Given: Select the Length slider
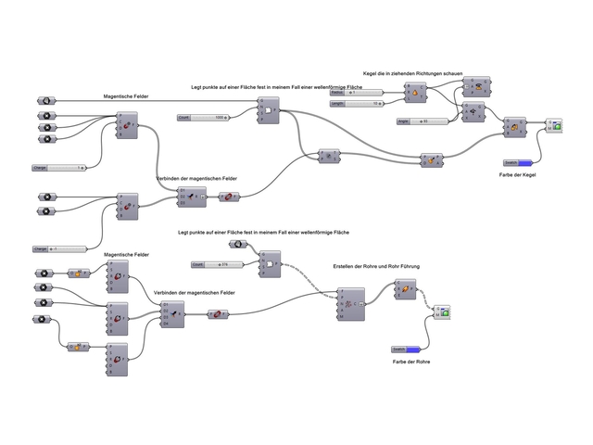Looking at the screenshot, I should (x=357, y=104).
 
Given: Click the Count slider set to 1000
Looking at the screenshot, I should (x=205, y=118).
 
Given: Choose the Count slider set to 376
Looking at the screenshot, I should (x=217, y=265).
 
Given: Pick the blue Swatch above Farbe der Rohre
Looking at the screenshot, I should (x=409, y=349).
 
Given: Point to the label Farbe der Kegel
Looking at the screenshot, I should (x=517, y=175).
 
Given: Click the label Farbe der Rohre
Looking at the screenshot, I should (x=410, y=361).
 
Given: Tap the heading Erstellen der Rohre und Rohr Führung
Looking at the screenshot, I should (x=376, y=266).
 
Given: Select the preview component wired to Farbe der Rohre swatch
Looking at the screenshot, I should (x=444, y=311).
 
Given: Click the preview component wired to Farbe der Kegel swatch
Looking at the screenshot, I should (x=554, y=125).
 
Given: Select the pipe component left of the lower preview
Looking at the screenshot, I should (x=404, y=290).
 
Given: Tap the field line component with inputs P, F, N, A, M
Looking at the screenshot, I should (x=347, y=303).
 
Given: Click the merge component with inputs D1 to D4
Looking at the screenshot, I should (x=171, y=315).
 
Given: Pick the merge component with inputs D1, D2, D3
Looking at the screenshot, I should (x=189, y=196).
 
